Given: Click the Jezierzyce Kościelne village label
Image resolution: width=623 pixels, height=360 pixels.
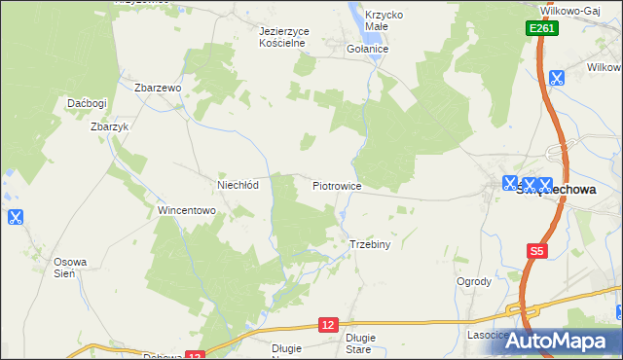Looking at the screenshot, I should tap(284, 37).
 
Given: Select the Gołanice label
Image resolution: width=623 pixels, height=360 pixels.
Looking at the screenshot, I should tap(368, 49).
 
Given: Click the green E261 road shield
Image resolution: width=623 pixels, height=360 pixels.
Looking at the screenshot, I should tap(543, 30).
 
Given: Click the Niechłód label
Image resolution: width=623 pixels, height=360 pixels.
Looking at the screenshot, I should tap(238, 184).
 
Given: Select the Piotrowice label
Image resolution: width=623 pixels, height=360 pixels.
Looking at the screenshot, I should tap(338, 184).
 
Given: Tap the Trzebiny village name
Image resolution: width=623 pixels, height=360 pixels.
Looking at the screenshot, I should tap(370, 244).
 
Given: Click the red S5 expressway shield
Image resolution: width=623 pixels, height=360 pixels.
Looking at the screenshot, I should tap(536, 251).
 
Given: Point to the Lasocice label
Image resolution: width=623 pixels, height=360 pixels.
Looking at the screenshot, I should tap(488, 335).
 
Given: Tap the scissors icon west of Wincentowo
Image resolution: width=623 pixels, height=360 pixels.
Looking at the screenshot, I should tap(15, 218).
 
